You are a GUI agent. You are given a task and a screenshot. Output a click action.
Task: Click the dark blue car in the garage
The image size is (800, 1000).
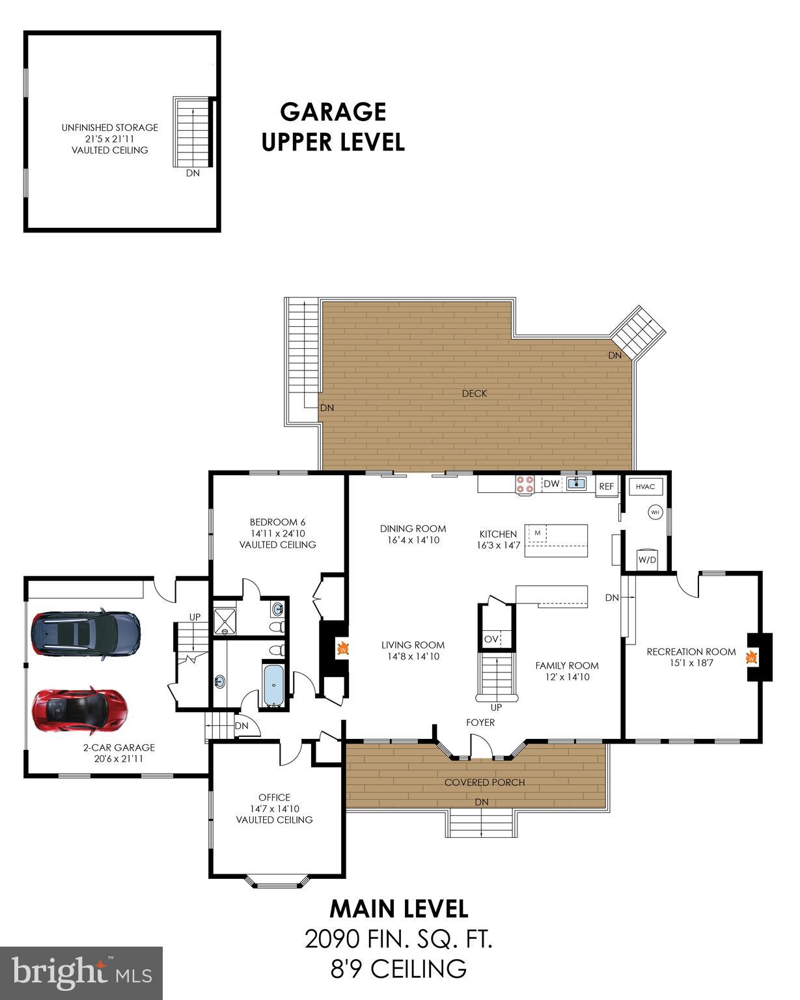[85, 633]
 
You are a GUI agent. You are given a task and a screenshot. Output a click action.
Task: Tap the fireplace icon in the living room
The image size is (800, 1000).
[342, 648]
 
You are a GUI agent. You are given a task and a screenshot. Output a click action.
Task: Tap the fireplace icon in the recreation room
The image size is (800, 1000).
[752, 658]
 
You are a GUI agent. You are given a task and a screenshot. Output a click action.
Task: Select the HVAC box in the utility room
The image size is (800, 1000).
[644, 486]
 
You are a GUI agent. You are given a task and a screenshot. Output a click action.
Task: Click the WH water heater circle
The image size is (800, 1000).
[654, 513]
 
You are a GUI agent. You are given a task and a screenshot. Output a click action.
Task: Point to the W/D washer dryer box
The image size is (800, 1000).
[646, 559]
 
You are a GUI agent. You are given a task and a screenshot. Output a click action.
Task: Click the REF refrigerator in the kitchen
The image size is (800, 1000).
[606, 486]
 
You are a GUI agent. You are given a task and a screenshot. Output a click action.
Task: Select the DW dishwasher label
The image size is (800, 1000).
[551, 484]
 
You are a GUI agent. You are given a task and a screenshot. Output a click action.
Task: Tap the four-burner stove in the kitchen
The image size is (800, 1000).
[525, 484]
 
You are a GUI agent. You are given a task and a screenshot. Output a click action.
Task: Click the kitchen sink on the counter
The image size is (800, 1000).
[576, 483]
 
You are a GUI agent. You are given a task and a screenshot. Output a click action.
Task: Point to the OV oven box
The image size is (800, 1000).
[491, 639]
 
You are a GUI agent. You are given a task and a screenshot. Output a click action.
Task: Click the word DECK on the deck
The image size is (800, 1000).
[474, 393]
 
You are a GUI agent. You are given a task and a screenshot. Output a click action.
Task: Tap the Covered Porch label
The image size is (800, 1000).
[484, 782]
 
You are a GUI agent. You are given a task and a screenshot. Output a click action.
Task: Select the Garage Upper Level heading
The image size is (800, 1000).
[333, 126]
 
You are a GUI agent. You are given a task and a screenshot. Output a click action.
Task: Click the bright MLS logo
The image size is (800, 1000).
[81, 973]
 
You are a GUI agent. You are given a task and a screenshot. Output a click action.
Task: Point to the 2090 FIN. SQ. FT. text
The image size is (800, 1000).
[398, 939]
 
